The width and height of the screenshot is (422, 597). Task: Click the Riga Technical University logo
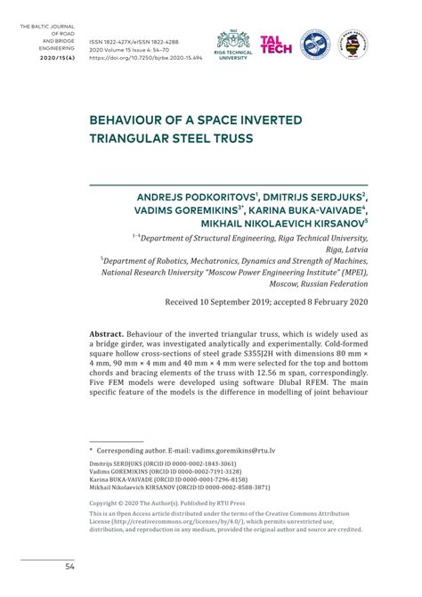[233, 45]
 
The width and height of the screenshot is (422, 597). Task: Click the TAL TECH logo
[275, 45]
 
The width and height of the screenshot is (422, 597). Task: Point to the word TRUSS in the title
[230, 138]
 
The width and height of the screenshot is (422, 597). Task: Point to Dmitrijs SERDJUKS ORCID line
[163, 464]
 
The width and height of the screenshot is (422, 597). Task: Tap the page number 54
[69, 567]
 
